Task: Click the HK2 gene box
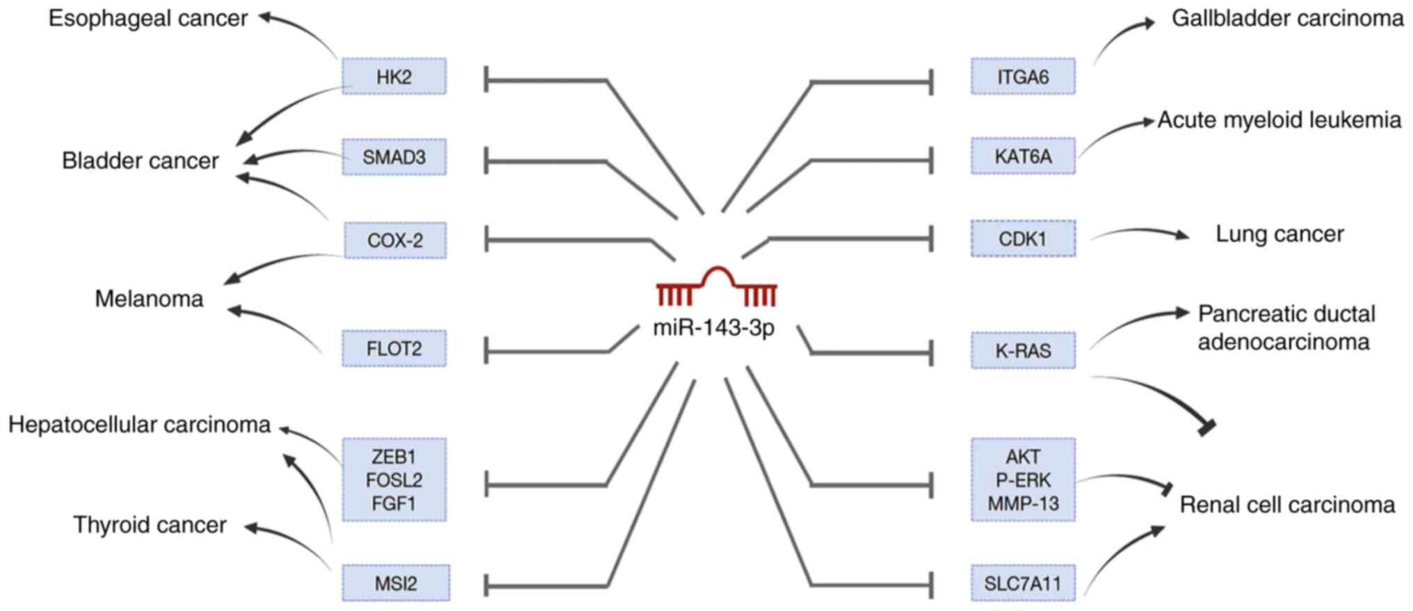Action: [x=394, y=76]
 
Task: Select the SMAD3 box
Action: [x=394, y=157]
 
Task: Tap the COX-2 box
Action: [x=395, y=241]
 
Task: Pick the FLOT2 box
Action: [x=394, y=348]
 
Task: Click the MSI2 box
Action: [x=396, y=583]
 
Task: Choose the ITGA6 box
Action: [x=1023, y=76]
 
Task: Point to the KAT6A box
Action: [x=1023, y=156]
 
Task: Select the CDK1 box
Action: [x=1023, y=238]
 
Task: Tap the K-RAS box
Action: [x=1023, y=350]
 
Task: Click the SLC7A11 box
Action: [x=1023, y=583]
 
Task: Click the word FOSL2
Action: [x=394, y=480]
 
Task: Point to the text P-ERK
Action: [x=1023, y=480]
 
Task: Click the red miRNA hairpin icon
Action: [x=716, y=287]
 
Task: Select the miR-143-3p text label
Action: [x=713, y=327]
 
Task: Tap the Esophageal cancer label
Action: [x=147, y=18]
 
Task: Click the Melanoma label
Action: [x=149, y=299]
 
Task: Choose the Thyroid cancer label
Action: [x=150, y=525]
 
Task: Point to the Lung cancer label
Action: [x=1279, y=234]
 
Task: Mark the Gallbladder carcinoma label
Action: [x=1287, y=18]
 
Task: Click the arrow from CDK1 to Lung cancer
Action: [x=1140, y=233]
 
